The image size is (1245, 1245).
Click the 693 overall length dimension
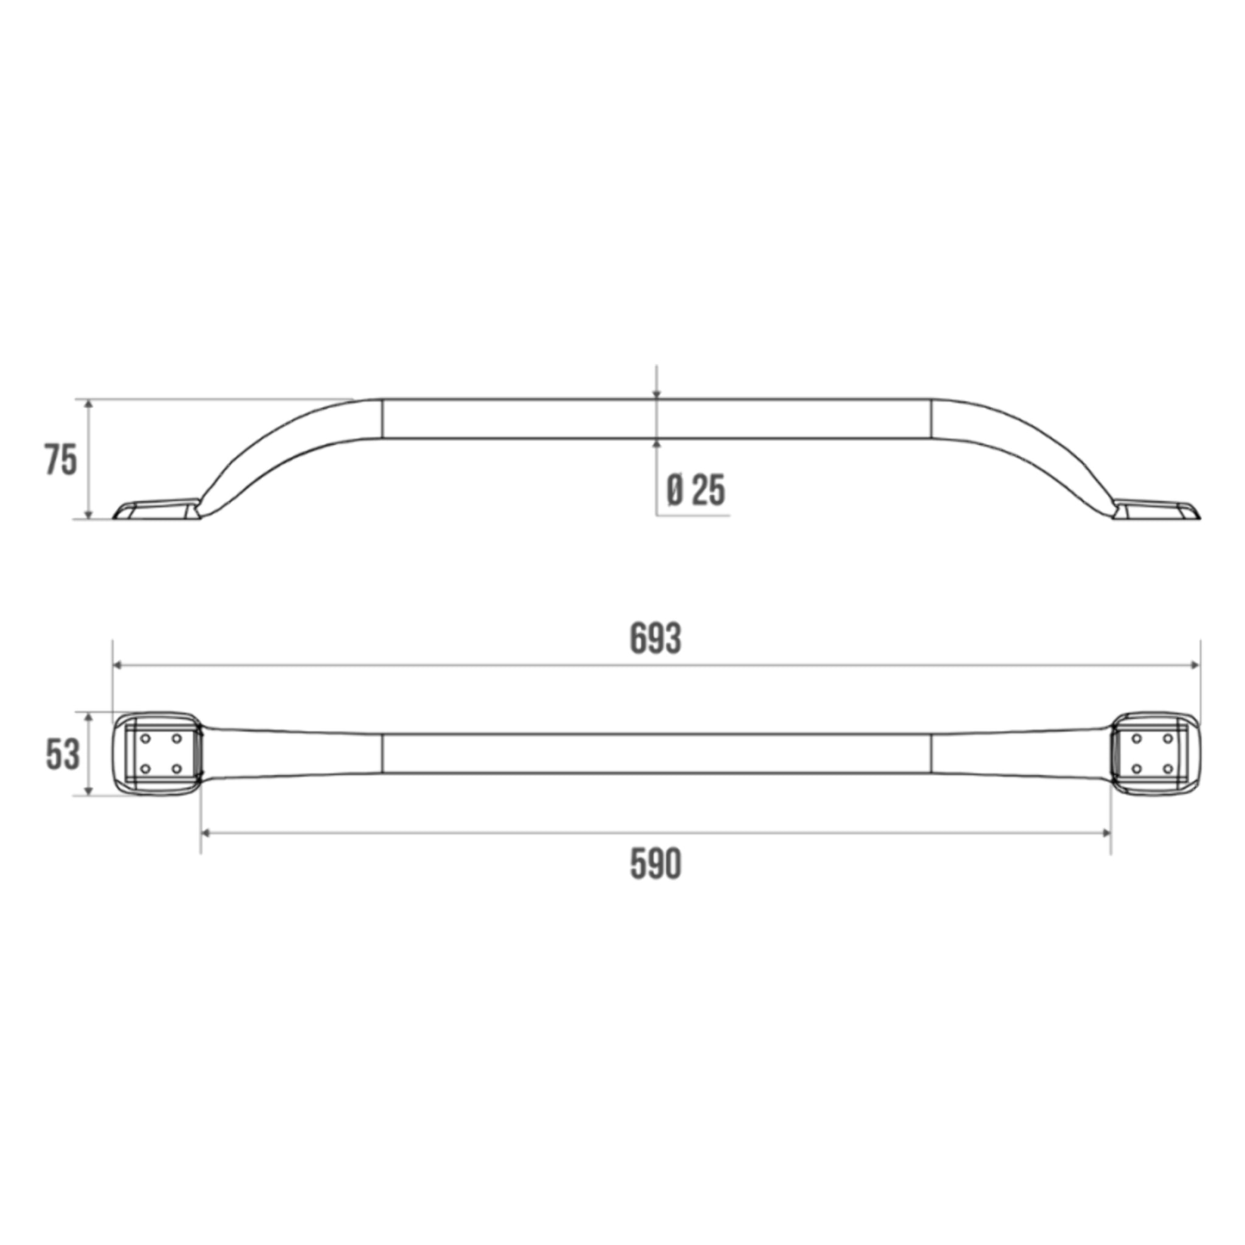coord(655,640)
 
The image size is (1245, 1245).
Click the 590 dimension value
coord(655,865)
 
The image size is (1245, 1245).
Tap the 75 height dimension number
coord(61,460)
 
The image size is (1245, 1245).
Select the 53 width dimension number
coord(63,754)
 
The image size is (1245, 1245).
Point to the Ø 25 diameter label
coord(696,491)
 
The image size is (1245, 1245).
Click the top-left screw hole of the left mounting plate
coord(146,739)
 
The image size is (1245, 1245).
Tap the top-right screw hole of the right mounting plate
coord(1167,739)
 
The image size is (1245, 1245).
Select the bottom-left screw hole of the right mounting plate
coord(1137,768)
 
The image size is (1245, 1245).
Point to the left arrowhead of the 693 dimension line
coord(117,665)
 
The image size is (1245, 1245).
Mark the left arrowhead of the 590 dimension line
coord(205,833)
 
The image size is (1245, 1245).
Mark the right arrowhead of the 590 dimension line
coord(1106,833)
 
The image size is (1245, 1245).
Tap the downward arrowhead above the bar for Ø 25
coord(656,395)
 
